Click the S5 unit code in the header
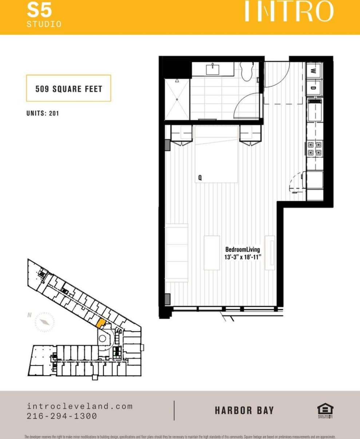[x=39, y=11]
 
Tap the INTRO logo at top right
[x=288, y=11]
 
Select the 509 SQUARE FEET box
[x=68, y=88]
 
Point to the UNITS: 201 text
[x=43, y=113]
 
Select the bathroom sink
[x=213, y=69]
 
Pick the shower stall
[x=177, y=99]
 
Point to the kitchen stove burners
[x=314, y=149]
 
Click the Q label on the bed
[x=200, y=178]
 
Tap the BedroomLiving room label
[x=242, y=249]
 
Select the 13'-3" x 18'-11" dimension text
[x=243, y=257]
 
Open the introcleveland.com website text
[x=80, y=406]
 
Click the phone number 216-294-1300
[x=62, y=416]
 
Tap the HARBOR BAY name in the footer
[x=244, y=411]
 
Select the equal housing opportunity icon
[x=325, y=410]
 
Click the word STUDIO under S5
[x=44, y=24]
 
